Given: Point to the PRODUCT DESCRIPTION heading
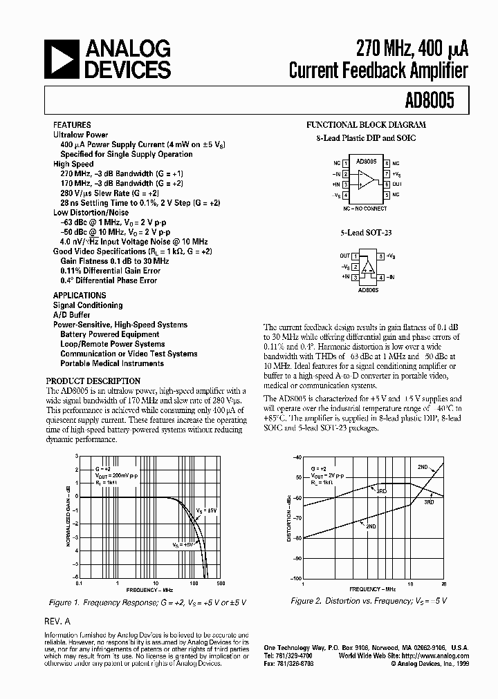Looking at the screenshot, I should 93,381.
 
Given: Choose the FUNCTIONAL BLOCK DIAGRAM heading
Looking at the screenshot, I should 366,126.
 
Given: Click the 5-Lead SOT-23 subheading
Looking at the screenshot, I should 366,234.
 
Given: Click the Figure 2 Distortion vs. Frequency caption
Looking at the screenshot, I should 369,602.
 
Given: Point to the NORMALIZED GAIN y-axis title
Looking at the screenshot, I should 69,515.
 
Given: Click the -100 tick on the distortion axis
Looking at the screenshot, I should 295,578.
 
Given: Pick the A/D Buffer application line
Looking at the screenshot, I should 72,315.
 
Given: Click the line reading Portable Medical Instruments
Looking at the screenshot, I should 111,363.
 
